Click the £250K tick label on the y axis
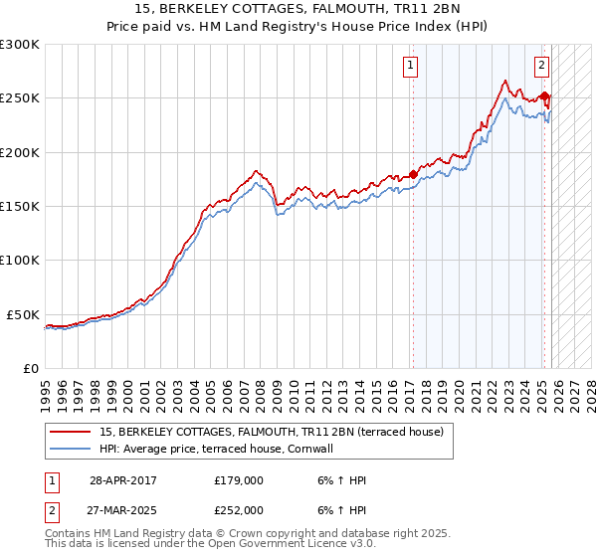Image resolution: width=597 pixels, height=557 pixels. coord(20,98)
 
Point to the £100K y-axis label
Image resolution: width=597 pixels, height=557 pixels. coord(20,261)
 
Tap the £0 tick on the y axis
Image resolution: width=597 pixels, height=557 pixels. coord(32,368)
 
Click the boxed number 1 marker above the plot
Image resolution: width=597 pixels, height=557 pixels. coord(410,67)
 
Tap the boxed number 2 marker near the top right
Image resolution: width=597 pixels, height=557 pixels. coord(542,67)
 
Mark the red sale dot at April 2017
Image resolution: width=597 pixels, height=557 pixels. coord(413,174)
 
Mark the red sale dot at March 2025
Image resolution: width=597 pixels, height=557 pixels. coord(545,95)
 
